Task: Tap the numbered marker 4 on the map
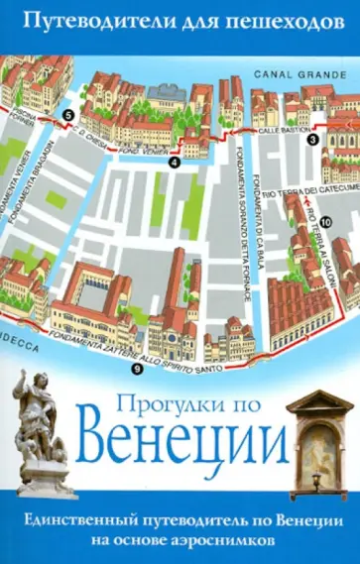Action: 174,161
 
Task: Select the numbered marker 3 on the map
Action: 312,140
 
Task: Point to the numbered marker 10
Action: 323,220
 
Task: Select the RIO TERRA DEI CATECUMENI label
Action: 309,188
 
